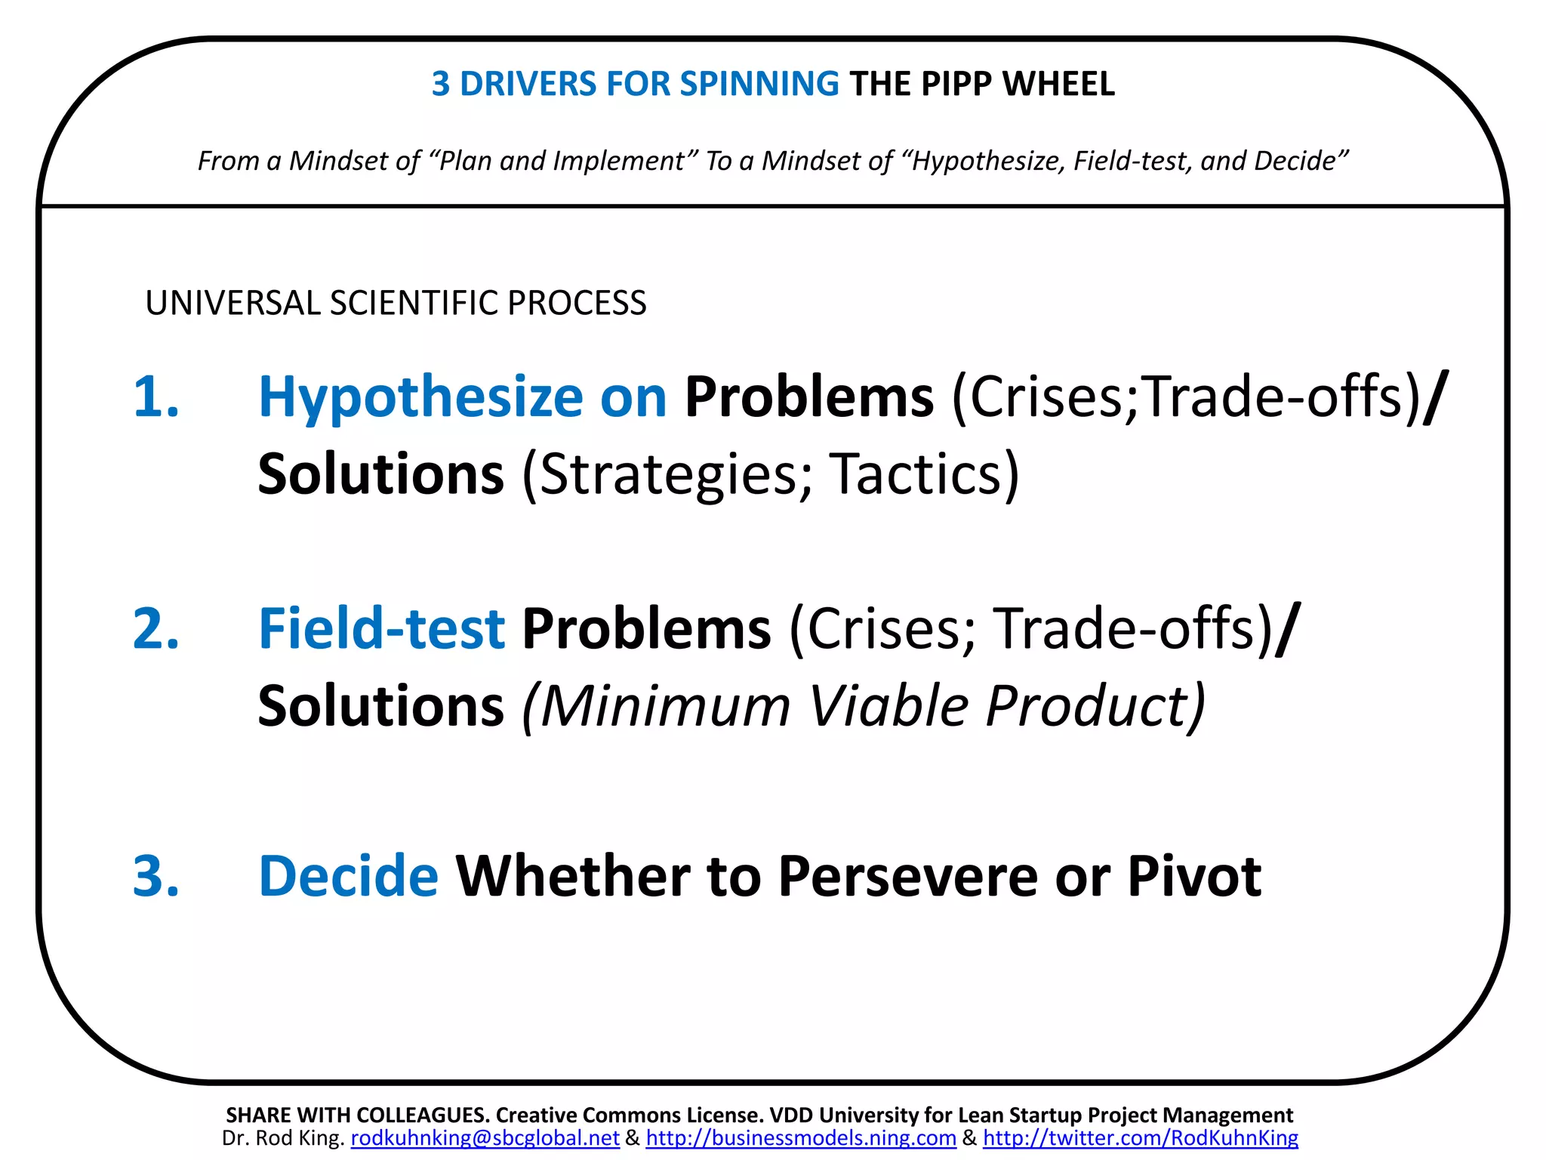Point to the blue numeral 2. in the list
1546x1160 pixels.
(x=156, y=628)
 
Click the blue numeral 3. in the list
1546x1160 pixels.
(x=156, y=876)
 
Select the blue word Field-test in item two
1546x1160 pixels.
(x=381, y=628)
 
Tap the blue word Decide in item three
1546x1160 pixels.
(x=348, y=876)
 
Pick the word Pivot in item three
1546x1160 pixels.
(x=1193, y=876)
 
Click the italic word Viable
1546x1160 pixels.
(x=888, y=706)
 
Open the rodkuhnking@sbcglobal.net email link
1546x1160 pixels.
(x=485, y=1138)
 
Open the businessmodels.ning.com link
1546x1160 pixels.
(x=801, y=1138)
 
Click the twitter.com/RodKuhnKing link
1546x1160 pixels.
(x=1140, y=1138)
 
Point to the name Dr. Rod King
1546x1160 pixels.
(x=283, y=1138)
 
